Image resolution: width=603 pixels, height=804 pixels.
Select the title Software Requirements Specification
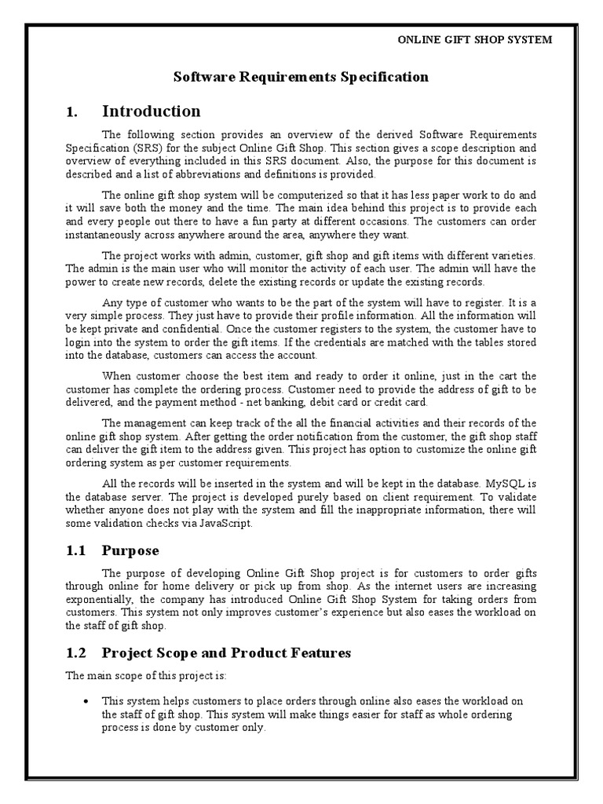[301, 77]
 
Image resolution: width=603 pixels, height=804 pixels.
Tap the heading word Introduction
[152, 111]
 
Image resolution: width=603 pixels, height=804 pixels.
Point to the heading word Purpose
[130, 550]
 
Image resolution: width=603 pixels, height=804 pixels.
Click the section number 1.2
[77, 653]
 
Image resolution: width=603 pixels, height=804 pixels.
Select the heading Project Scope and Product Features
[226, 653]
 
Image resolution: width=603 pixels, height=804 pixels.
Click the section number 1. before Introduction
[73, 111]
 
